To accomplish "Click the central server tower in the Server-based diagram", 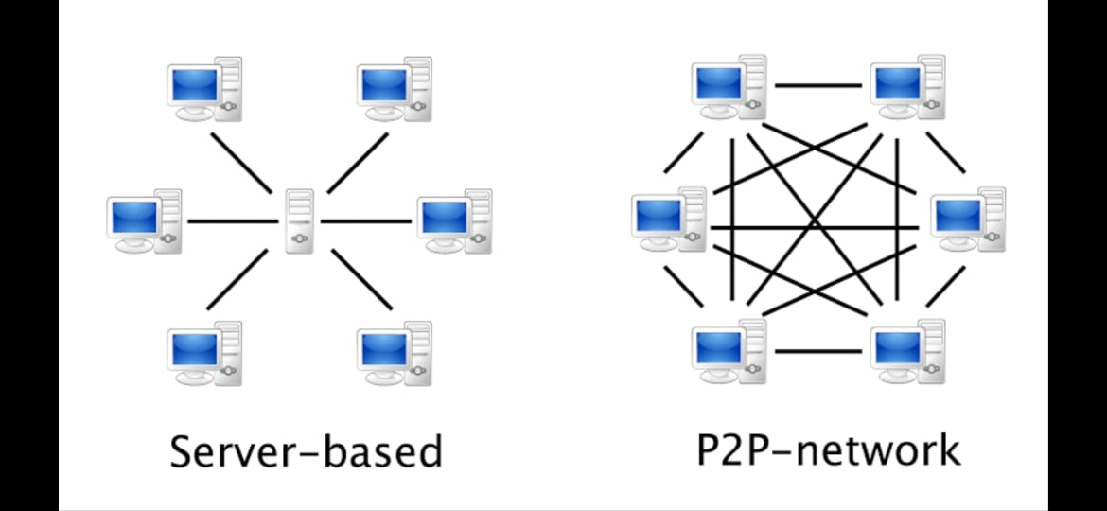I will point(300,220).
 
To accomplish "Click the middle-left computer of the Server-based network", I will point(143,220).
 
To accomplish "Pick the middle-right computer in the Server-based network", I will point(453,220).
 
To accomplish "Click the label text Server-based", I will point(306,452).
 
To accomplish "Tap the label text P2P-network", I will point(828,450).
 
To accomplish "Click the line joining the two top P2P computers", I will point(818,85).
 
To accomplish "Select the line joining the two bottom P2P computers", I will point(818,351).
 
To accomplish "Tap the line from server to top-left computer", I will point(240,163).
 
